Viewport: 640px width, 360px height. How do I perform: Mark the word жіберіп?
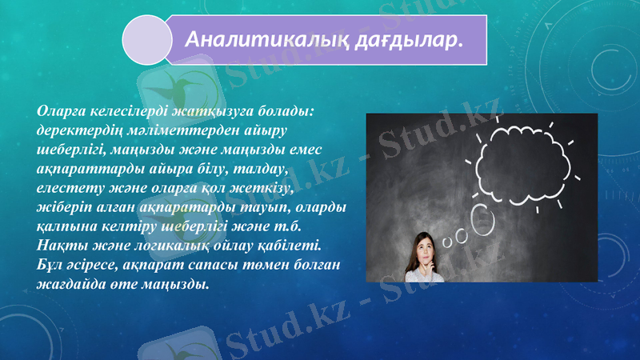61,207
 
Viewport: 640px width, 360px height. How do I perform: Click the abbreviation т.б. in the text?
304,223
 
